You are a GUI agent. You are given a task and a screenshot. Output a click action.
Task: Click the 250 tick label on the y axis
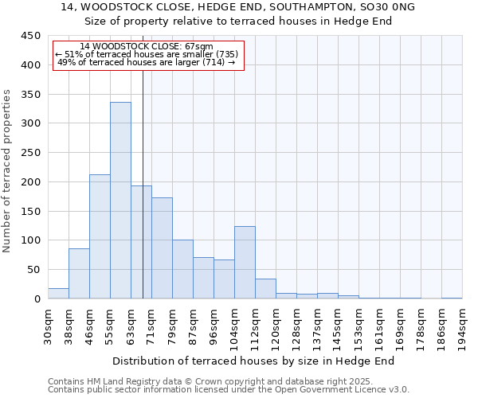(x=31, y=153)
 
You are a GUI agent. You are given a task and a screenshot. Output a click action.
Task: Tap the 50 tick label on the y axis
(x=34, y=270)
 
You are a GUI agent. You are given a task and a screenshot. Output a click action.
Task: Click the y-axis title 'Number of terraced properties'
(x=8, y=170)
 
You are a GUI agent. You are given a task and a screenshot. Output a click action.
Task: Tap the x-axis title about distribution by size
(x=255, y=361)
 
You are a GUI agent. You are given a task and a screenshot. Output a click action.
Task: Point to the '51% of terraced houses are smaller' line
(x=147, y=54)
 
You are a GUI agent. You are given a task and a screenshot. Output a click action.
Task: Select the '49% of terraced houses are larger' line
(x=147, y=62)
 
